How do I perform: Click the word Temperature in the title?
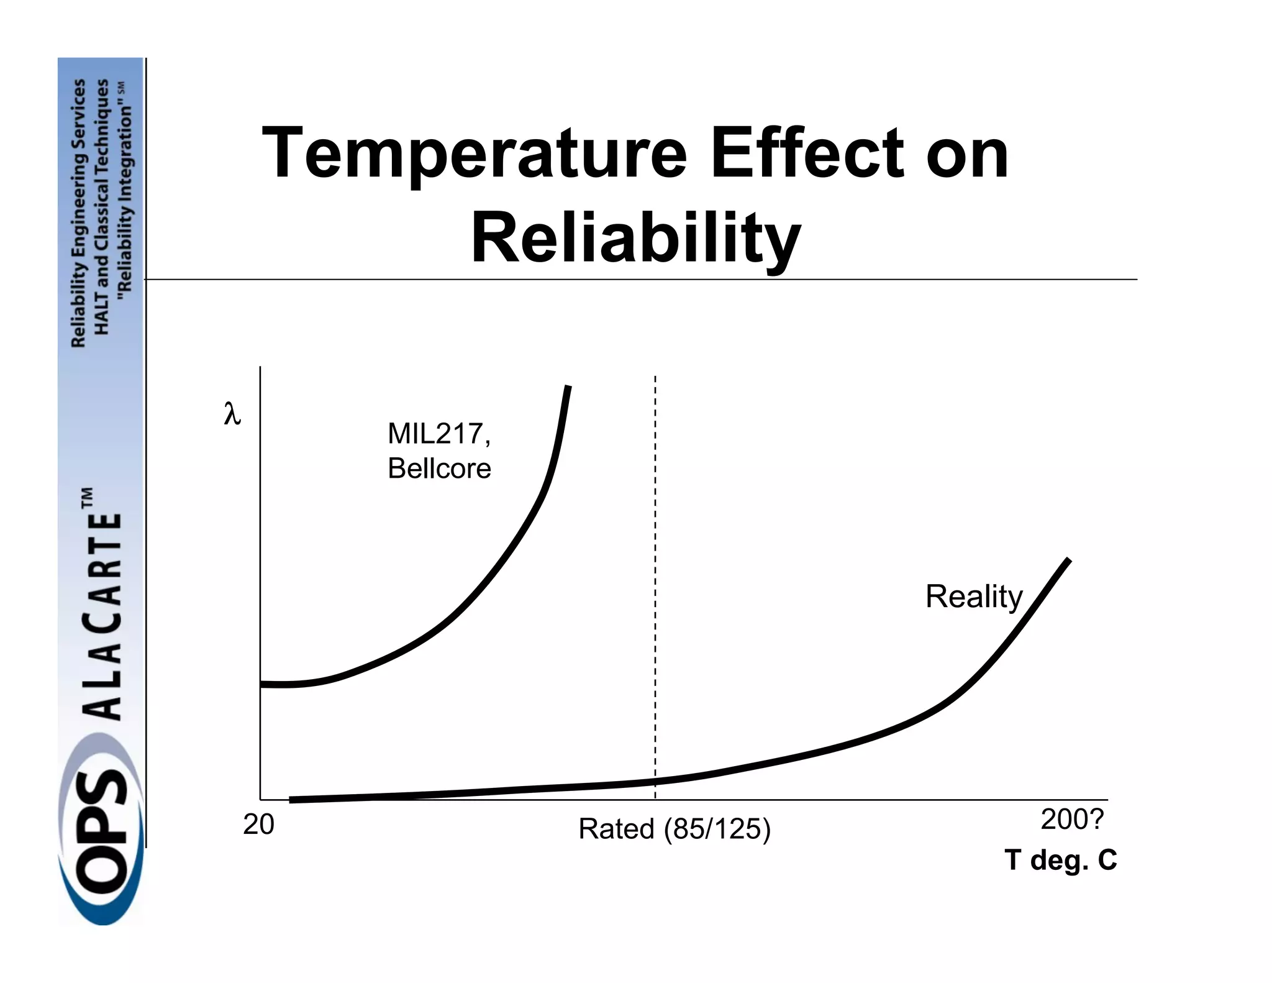click(474, 153)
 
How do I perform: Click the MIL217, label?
click(438, 434)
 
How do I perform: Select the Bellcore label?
click(439, 469)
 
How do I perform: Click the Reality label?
click(973, 597)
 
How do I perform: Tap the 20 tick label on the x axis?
click(258, 825)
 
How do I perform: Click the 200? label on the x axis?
click(1072, 820)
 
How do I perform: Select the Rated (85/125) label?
click(674, 829)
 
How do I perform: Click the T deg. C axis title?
click(1060, 860)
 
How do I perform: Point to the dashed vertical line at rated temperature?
click(655, 559)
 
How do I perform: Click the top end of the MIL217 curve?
click(568, 388)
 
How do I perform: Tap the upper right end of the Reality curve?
click(1068, 561)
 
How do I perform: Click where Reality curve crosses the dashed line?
click(655, 781)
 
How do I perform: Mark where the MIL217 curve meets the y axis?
click(261, 684)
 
